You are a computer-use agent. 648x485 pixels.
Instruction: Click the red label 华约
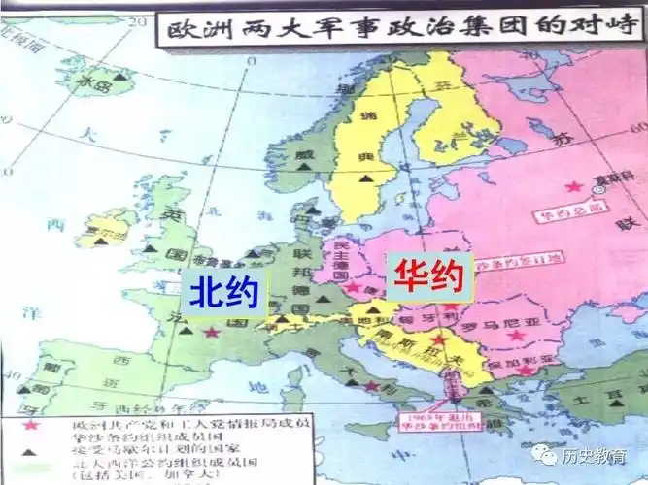428,276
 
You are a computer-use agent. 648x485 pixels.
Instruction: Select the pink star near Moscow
575,185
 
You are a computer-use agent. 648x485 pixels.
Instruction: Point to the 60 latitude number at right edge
638,127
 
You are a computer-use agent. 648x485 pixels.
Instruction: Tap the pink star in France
211,331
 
